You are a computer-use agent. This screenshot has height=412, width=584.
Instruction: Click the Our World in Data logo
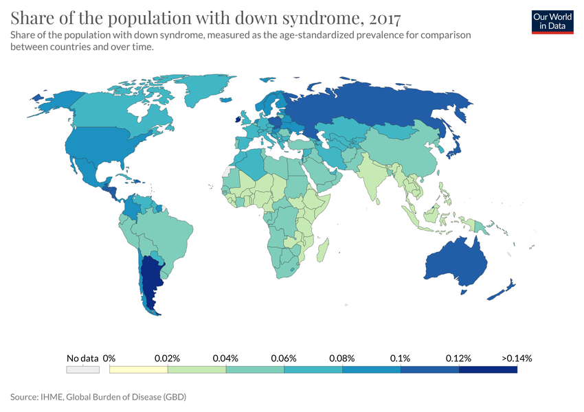tap(552, 21)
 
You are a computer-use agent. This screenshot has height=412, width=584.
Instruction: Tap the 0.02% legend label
tap(167, 358)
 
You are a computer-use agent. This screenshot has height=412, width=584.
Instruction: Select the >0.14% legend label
tap(517, 358)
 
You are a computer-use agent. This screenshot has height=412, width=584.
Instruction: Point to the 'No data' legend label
tap(82, 358)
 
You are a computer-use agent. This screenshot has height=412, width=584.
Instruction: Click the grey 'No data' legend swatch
tap(82, 369)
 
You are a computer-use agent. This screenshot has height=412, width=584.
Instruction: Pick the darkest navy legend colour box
tap(488, 369)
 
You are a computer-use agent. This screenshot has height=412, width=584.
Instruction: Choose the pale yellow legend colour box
tap(139, 369)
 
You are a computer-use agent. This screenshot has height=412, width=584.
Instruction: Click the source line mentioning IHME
tap(98, 397)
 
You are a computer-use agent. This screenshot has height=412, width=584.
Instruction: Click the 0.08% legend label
tap(341, 358)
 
